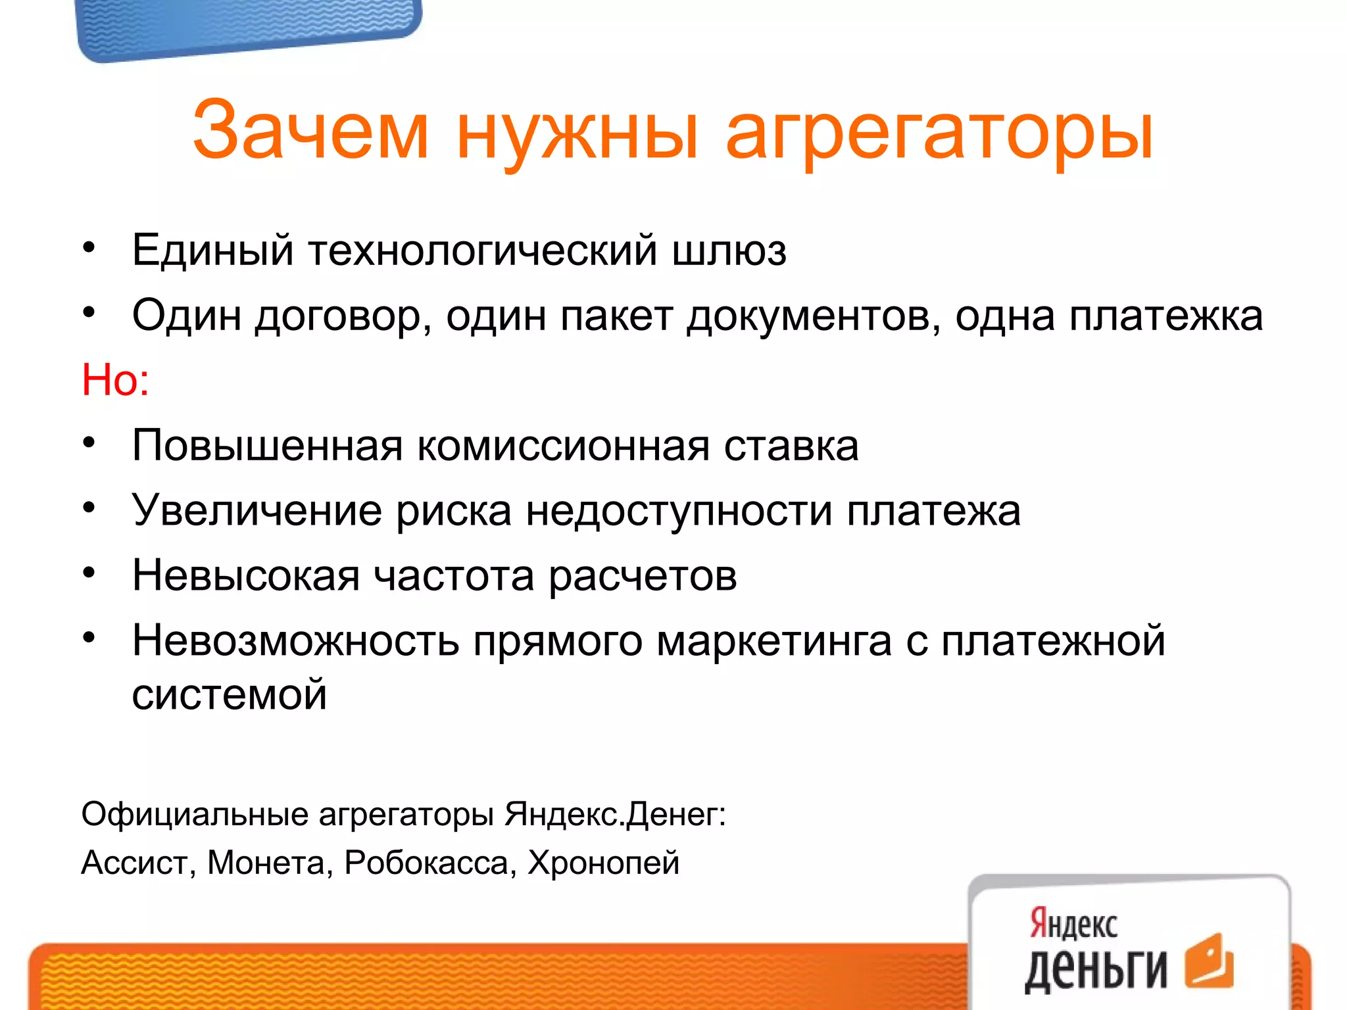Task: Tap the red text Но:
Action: pos(115,380)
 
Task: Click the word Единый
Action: pos(212,251)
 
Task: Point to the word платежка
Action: pos(1165,316)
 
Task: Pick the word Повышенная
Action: pos(267,446)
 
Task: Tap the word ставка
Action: pos(791,446)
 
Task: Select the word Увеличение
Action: pos(257,511)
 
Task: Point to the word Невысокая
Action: pos(246,575)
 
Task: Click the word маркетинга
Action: pos(774,641)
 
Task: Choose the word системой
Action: pos(229,694)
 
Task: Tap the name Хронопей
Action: pos(603,863)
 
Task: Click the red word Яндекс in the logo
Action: pos(1073,923)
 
